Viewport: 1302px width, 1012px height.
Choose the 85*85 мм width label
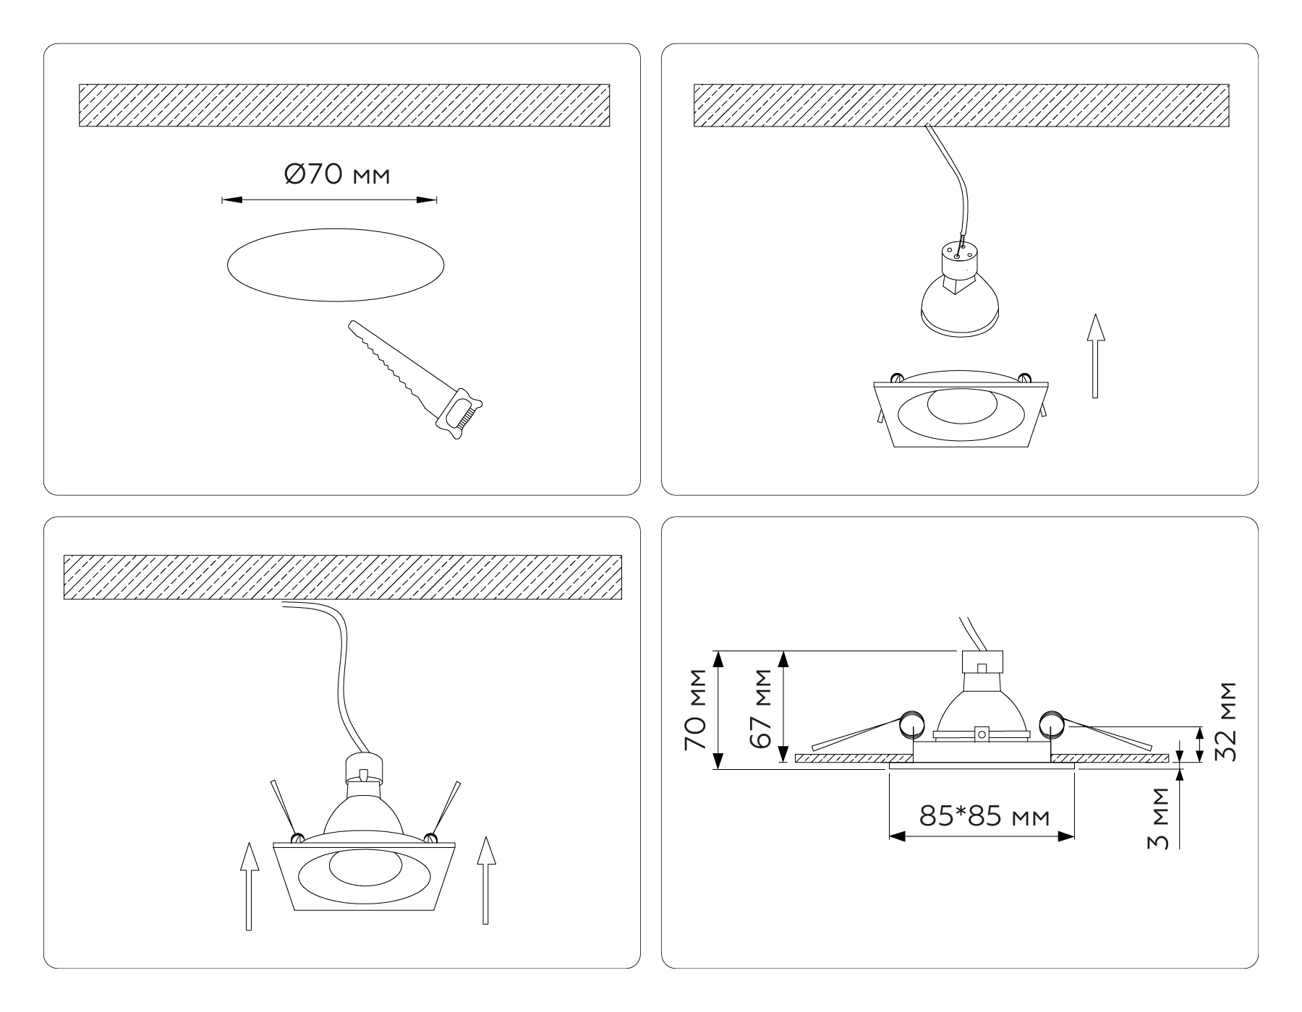click(x=984, y=817)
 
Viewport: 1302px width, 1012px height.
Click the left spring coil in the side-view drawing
click(x=910, y=725)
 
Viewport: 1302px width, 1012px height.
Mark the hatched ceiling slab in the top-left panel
click(x=344, y=106)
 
